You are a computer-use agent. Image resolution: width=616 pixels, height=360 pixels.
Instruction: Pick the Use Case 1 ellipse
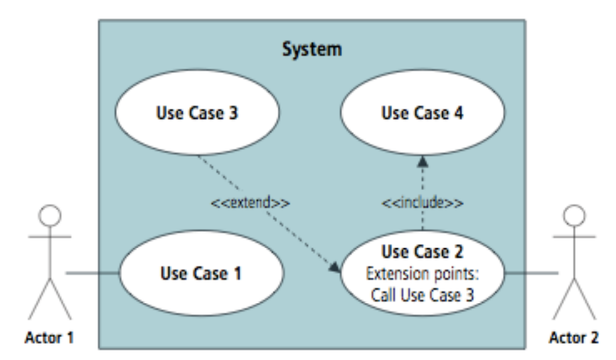pos(201,273)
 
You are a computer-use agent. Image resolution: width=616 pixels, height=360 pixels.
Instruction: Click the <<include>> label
pos(423,203)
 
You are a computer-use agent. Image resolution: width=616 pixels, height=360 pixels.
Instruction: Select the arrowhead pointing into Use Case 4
pos(423,161)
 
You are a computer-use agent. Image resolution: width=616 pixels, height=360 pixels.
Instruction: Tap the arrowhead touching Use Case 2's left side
pos(335,267)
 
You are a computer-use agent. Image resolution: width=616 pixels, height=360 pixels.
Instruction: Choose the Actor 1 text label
pos(49,339)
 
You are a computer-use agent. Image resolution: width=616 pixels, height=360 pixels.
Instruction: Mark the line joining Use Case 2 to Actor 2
pos(532,273)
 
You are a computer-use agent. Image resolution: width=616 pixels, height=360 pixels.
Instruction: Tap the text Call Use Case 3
pos(423,296)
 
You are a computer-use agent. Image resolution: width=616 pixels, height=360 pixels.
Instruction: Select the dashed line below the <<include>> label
pos(423,222)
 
